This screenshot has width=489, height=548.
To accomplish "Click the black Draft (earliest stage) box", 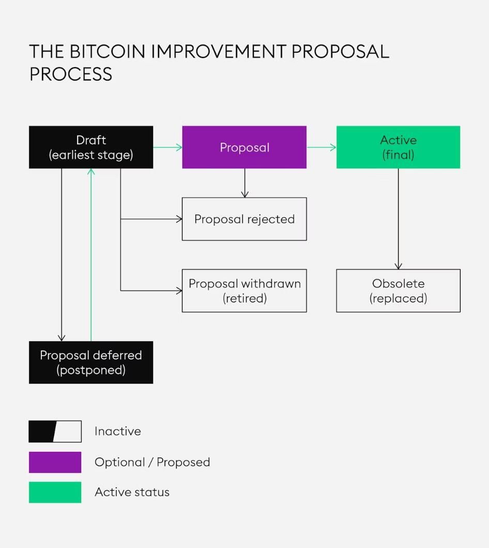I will pos(91,147).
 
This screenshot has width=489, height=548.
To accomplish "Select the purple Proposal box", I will pos(244,147).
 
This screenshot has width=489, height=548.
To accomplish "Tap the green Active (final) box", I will pos(398,147).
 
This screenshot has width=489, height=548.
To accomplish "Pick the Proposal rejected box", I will pos(244,219).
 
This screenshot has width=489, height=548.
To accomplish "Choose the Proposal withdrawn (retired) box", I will pos(244,291).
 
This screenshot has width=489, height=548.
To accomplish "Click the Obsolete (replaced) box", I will pos(398,291).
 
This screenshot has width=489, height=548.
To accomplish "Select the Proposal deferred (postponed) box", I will pos(91,362).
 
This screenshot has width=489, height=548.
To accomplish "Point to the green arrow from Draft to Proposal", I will pos(167,147).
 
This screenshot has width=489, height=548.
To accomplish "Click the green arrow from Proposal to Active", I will pos(321,147).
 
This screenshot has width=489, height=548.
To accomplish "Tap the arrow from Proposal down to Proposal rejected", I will pos(244,183).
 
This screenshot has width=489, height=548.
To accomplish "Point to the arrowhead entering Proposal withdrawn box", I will pos(179,291).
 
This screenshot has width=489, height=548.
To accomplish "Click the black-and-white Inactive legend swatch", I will pos(55,431).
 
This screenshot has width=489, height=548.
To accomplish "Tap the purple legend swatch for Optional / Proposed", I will pos(55,462).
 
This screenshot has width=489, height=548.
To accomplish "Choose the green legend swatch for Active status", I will pos(55,492).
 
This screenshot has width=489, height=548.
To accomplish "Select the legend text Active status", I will pos(132,492).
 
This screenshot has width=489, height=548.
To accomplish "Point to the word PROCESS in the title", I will pos(70,74).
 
